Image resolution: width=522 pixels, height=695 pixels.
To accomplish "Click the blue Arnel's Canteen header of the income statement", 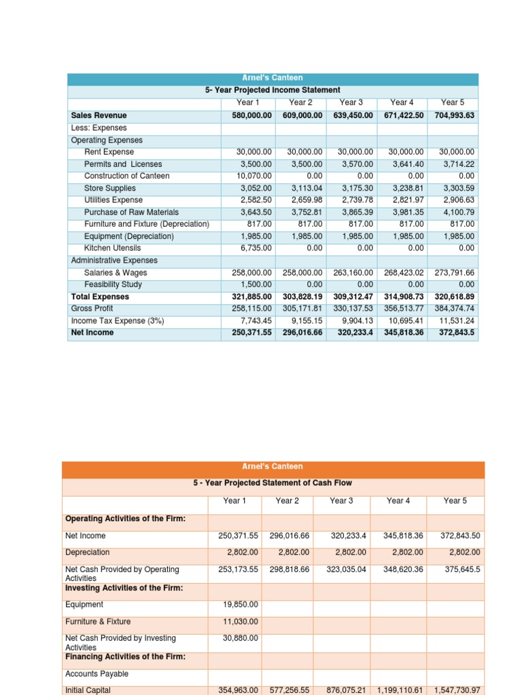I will (273, 78).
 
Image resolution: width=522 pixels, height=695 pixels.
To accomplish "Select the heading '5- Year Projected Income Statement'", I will (273, 90).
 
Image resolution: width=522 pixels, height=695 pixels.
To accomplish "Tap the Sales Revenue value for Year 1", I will (249, 115).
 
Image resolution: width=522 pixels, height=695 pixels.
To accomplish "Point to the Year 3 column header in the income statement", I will (351, 102).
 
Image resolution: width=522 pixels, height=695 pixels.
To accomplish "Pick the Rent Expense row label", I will (109, 152).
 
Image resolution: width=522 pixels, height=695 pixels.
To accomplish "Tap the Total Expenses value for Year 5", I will (453, 297).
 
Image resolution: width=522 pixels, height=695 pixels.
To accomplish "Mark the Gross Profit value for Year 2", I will (302, 309).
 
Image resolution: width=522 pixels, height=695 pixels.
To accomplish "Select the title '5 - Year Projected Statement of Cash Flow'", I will (273, 483).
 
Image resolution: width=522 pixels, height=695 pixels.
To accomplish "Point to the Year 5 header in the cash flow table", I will (455, 501).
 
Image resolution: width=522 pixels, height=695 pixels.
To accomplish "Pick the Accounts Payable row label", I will (97, 674).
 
